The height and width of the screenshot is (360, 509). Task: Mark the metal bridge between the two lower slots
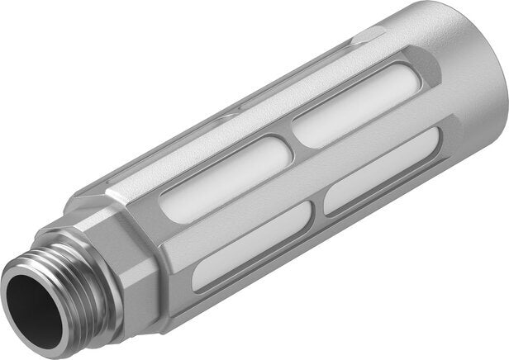[318, 211]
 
